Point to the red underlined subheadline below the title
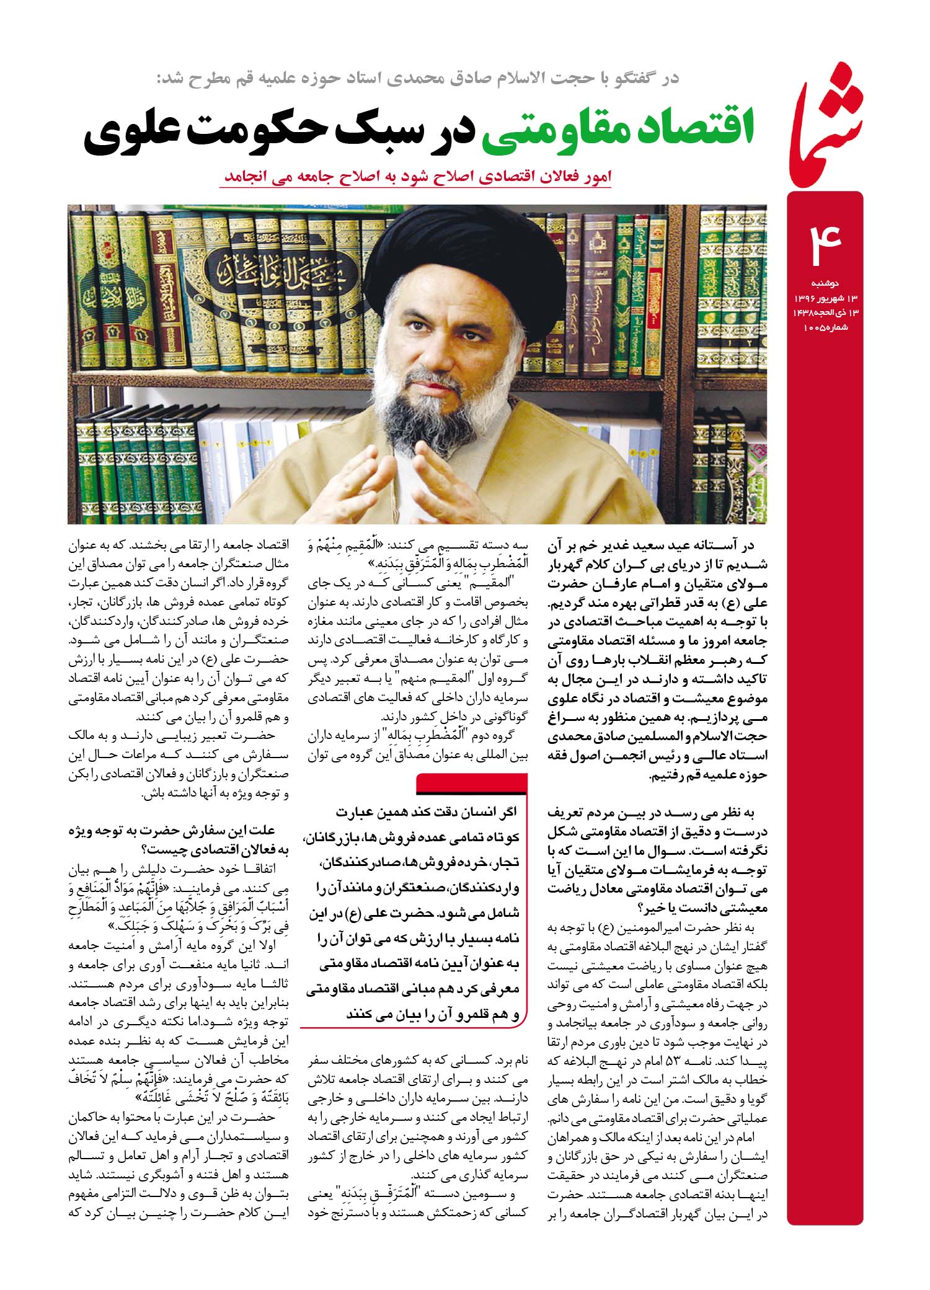(416, 176)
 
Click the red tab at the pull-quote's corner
(471, 785)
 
